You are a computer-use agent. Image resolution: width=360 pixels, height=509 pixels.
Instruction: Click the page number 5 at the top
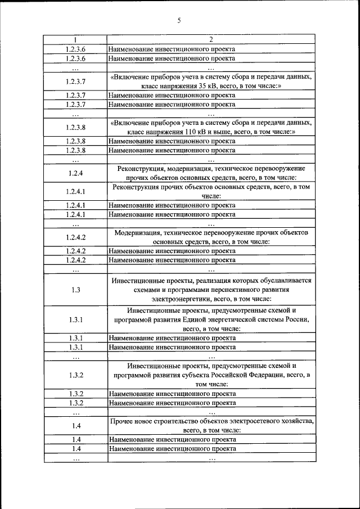[179, 21]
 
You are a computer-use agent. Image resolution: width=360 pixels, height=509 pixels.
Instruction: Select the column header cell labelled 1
[75, 40]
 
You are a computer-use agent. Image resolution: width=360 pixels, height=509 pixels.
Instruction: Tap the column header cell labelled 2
[211, 40]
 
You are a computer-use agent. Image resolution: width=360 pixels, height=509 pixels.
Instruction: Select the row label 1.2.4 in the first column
[75, 173]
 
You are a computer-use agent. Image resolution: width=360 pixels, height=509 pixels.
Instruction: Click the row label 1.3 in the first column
[75, 290]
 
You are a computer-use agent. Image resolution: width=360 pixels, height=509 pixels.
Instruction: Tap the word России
[298, 319]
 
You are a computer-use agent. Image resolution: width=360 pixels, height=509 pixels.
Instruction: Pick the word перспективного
[232, 290]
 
